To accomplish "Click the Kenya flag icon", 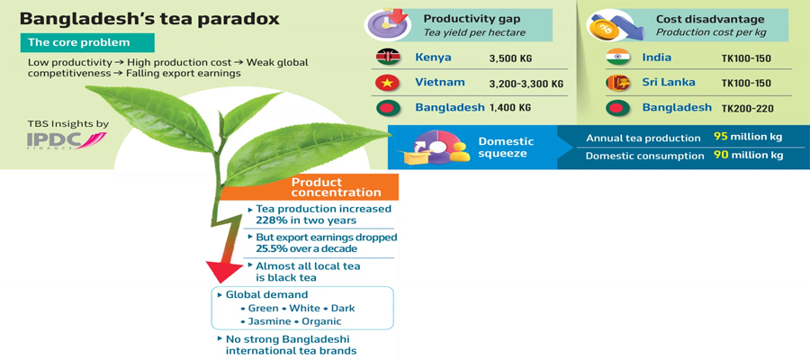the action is click(389, 58).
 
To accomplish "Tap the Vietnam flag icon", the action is click(389, 83).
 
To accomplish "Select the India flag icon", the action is click(617, 58).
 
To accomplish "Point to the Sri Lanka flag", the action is click(617, 83).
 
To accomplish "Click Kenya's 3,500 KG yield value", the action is click(510, 58).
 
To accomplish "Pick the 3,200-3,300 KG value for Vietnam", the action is click(526, 84).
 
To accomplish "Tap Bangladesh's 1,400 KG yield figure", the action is click(510, 109).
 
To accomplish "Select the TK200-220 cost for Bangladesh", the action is click(746, 109).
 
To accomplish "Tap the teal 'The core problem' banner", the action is click(87, 42).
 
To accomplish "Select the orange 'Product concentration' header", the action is click(310, 187).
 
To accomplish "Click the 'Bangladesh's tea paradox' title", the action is click(149, 20).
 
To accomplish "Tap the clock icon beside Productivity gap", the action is click(387, 24).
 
